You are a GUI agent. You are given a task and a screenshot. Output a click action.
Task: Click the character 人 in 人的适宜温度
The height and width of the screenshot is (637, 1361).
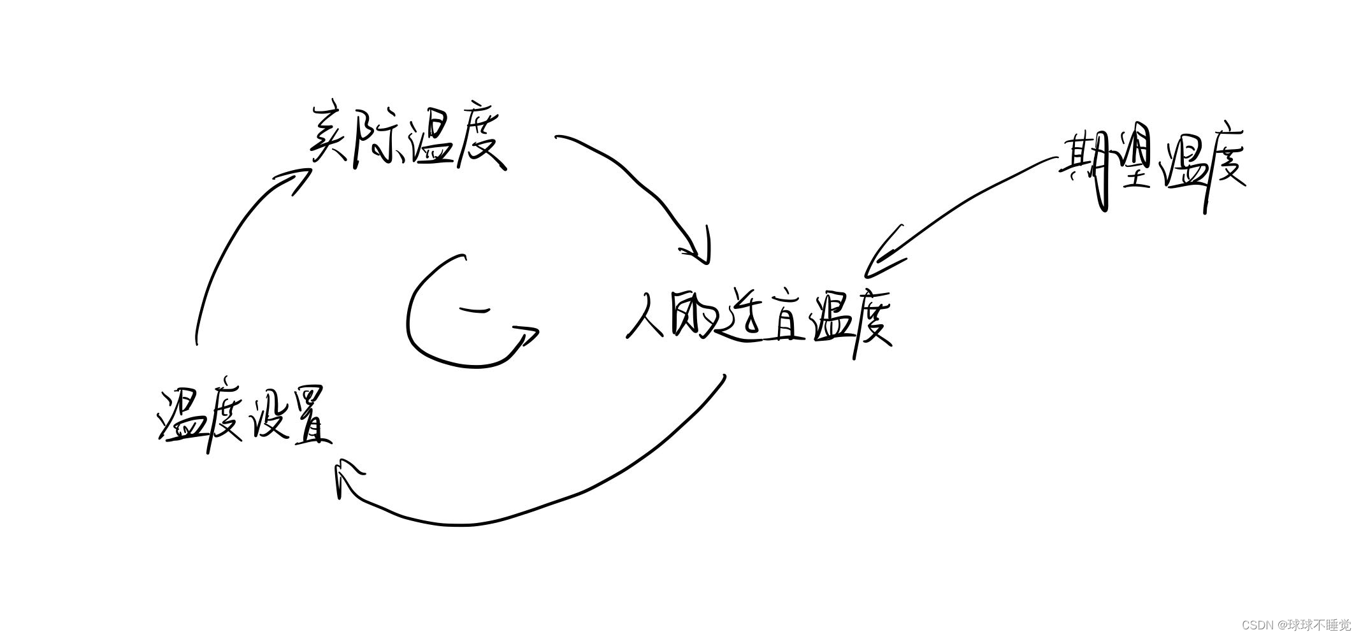click(x=647, y=315)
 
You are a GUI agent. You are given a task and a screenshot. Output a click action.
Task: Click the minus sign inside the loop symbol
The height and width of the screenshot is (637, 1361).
click(x=474, y=311)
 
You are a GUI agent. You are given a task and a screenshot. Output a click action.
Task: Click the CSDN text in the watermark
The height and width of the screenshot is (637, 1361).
click(x=1257, y=625)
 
